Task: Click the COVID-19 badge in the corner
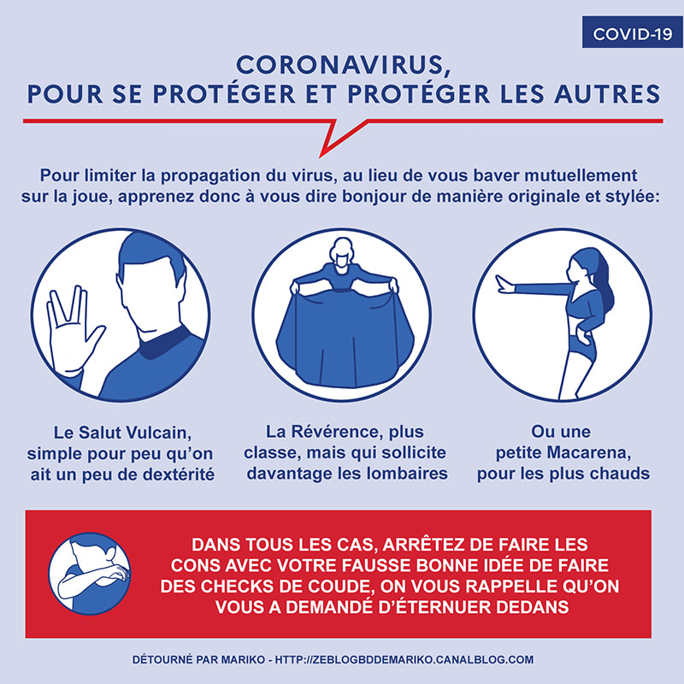point(632,32)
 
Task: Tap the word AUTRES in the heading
point(607,94)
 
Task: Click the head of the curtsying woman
point(341,252)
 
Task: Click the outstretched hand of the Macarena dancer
point(505,285)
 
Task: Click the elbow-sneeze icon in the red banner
point(90,574)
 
